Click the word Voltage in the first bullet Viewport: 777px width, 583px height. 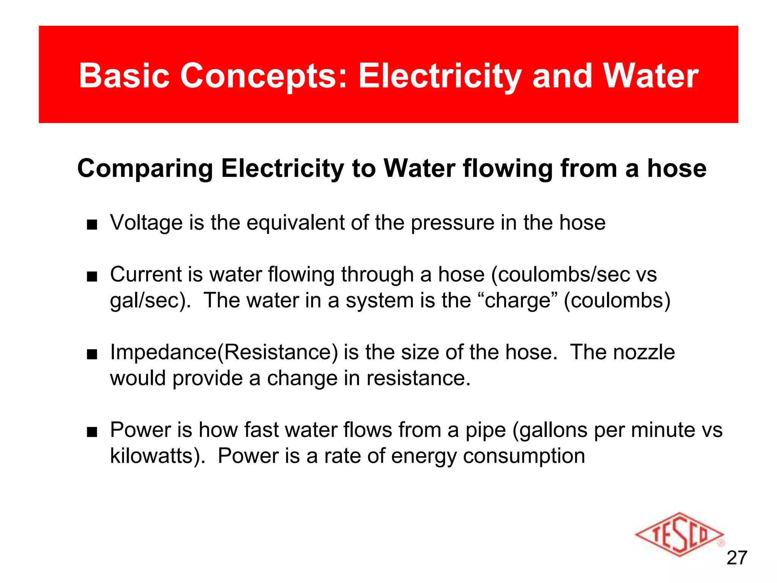146,223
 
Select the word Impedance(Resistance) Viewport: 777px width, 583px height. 224,353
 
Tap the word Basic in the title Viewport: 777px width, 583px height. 124,76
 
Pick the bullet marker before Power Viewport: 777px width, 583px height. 92,432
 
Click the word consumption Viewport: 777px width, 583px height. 524,457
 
